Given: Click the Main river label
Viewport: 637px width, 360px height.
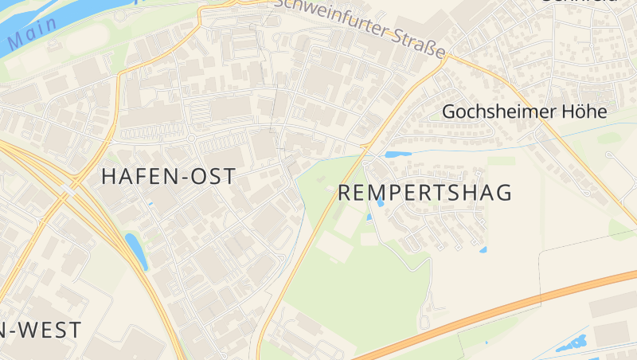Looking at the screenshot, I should [33, 32].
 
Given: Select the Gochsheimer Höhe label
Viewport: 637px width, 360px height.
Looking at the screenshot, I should [524, 112].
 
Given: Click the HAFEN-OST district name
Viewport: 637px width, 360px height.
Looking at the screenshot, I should [169, 177].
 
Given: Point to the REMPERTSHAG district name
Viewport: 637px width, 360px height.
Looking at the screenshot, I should [424, 193].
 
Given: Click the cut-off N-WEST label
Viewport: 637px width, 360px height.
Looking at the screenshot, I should [40, 330].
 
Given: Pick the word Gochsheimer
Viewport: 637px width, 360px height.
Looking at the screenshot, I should [497, 112].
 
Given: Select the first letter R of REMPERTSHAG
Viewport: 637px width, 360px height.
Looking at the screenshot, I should [346, 193].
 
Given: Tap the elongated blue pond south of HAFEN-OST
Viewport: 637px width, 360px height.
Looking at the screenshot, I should [136, 251].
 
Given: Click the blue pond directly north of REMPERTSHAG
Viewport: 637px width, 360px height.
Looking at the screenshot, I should [397, 154].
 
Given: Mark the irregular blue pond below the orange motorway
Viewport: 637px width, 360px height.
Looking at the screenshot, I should [571, 345].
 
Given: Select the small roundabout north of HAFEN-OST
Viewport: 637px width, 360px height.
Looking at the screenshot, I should [191, 138].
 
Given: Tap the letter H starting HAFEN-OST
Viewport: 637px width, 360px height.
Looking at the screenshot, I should [109, 177].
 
